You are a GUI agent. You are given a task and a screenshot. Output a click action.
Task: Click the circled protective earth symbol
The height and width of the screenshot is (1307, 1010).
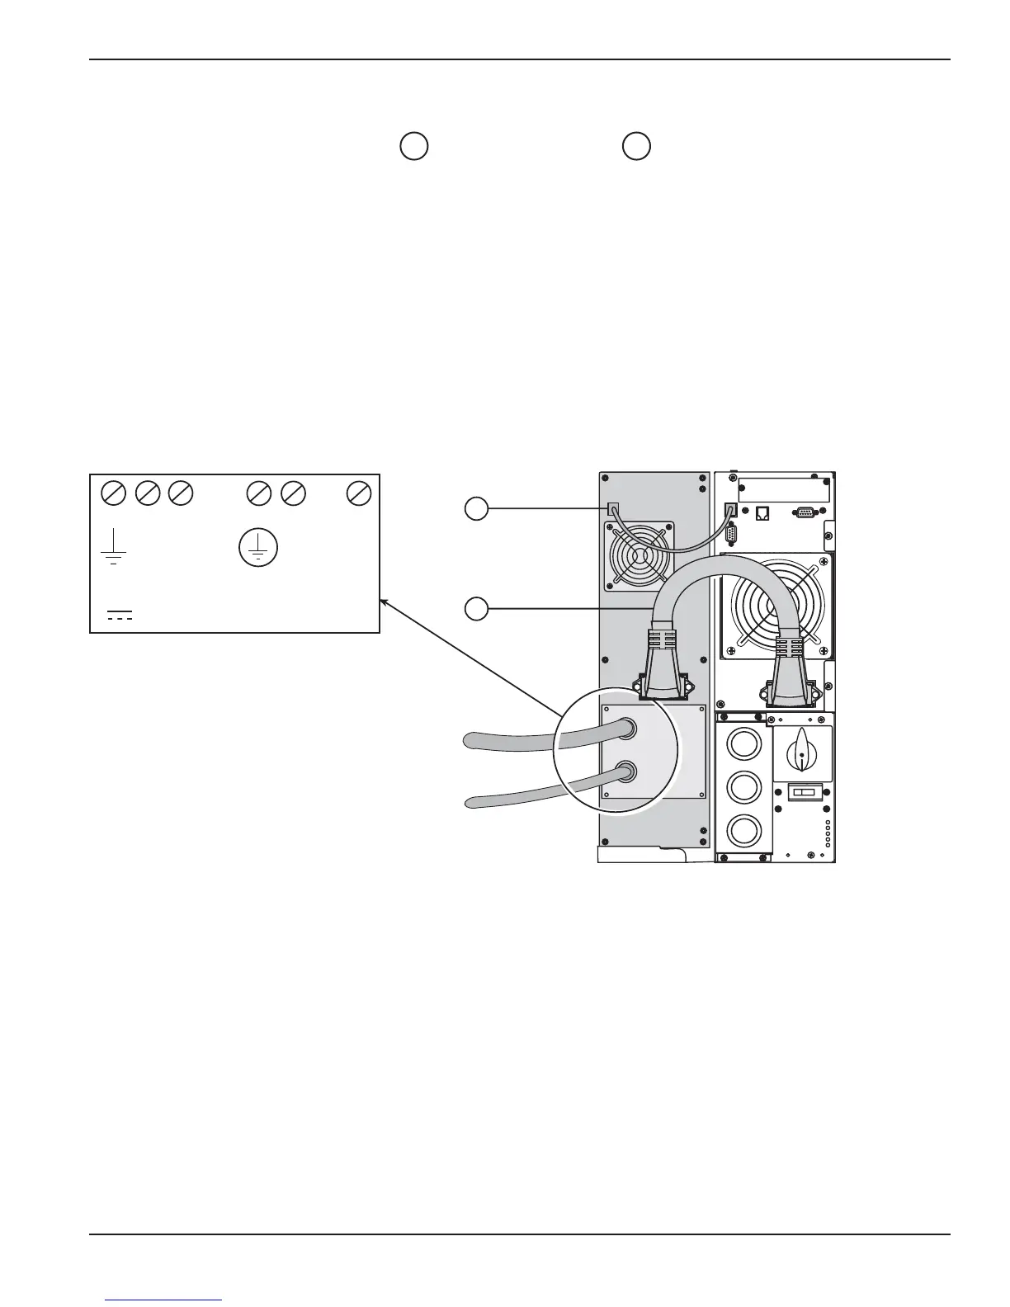tap(258, 548)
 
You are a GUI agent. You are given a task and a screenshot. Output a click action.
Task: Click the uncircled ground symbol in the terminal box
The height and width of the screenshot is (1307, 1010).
tap(113, 548)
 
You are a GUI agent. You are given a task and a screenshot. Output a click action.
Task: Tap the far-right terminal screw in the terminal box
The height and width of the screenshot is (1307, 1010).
tap(359, 494)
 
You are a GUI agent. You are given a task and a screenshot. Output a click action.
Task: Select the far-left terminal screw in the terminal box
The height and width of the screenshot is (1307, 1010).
tap(113, 494)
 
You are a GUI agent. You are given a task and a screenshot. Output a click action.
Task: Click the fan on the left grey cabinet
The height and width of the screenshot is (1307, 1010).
tap(639, 555)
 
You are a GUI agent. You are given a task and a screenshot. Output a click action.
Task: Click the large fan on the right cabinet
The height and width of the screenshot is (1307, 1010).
tap(776, 605)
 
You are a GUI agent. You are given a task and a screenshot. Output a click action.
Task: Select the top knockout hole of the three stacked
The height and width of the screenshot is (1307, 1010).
tap(743, 742)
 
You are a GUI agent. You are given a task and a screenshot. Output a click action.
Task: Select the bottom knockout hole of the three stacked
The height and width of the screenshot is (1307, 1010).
tap(743, 830)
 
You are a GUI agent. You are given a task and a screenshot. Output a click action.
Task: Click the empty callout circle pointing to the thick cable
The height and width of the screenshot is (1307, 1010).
tap(476, 610)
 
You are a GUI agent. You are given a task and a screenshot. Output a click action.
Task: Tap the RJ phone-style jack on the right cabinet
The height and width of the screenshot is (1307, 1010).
tap(762, 512)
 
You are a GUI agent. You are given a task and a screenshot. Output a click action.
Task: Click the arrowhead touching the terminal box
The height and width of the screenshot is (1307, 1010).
tap(384, 603)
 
